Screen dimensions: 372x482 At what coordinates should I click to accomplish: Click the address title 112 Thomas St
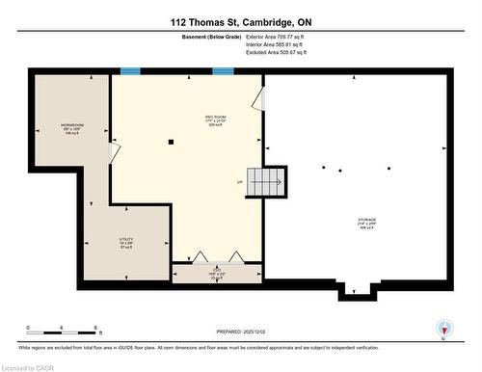(241, 22)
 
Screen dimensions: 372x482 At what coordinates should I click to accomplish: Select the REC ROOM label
(215, 120)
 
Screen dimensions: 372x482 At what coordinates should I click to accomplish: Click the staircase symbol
(267, 180)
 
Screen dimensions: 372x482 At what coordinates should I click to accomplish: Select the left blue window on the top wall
(130, 70)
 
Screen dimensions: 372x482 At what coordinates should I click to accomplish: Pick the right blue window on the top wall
(223, 70)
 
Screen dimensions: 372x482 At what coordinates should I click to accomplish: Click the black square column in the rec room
(171, 142)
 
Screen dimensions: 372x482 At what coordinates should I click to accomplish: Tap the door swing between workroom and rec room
(257, 98)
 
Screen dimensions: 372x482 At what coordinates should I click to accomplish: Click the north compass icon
(443, 329)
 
